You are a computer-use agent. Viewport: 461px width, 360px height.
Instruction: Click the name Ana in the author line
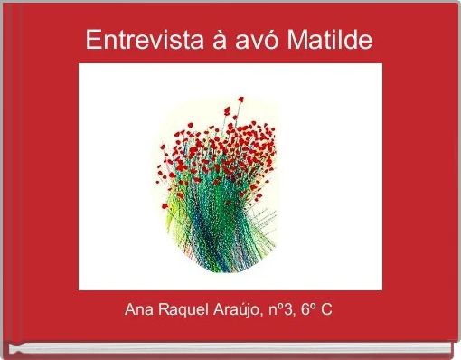tap(139, 310)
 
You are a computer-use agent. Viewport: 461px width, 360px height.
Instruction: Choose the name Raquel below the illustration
tap(183, 310)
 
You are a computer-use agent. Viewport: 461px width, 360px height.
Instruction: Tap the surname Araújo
tap(238, 310)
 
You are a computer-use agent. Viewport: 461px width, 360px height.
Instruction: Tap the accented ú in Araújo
tap(246, 310)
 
